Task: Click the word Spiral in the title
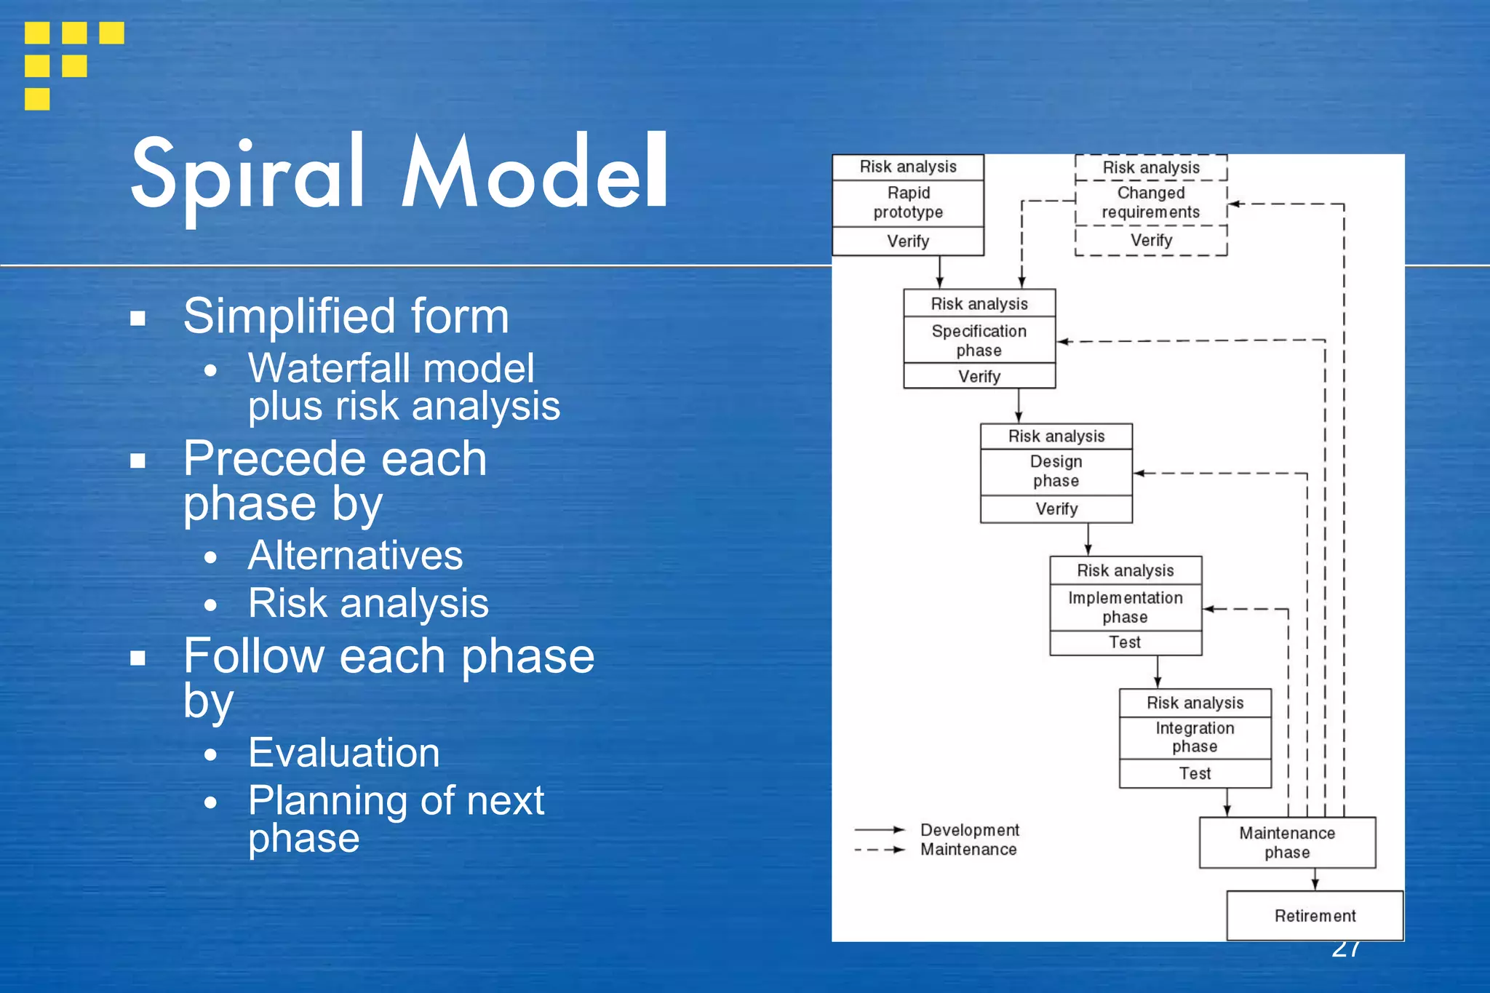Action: click(x=247, y=175)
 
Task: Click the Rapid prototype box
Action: click(x=908, y=203)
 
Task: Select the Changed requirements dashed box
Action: click(x=1150, y=203)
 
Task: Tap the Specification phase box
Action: click(x=979, y=340)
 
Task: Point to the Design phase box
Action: click(x=1056, y=471)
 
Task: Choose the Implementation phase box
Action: click(x=1125, y=607)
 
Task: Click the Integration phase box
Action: click(x=1195, y=738)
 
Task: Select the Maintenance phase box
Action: click(x=1286, y=842)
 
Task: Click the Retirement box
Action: click(x=1314, y=916)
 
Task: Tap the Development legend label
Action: click(x=969, y=830)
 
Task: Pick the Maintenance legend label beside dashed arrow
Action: click(x=968, y=850)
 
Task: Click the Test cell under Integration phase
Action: click(x=1195, y=773)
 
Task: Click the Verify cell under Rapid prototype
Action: click(x=908, y=241)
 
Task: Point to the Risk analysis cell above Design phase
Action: click(x=1056, y=436)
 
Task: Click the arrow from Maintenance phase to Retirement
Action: click(x=1315, y=880)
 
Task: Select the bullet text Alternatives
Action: click(x=355, y=556)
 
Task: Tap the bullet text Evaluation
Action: click(x=343, y=753)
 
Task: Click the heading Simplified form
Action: click(x=346, y=316)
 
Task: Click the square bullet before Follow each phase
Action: click(x=138, y=658)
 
